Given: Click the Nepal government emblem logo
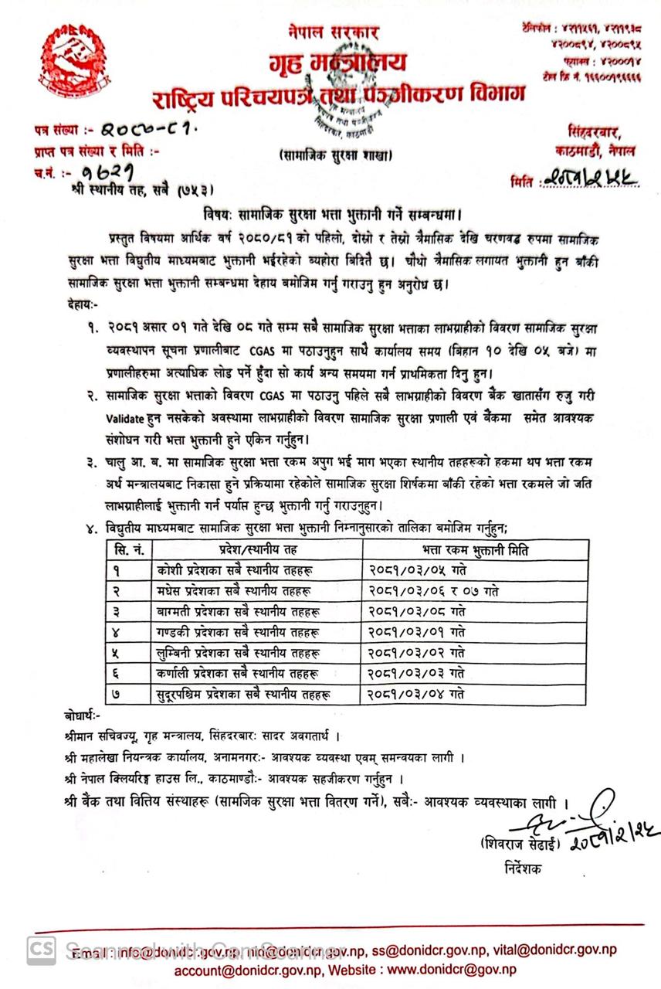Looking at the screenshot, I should (x=72, y=61).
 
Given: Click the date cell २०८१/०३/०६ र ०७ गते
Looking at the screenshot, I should (x=432, y=591).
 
